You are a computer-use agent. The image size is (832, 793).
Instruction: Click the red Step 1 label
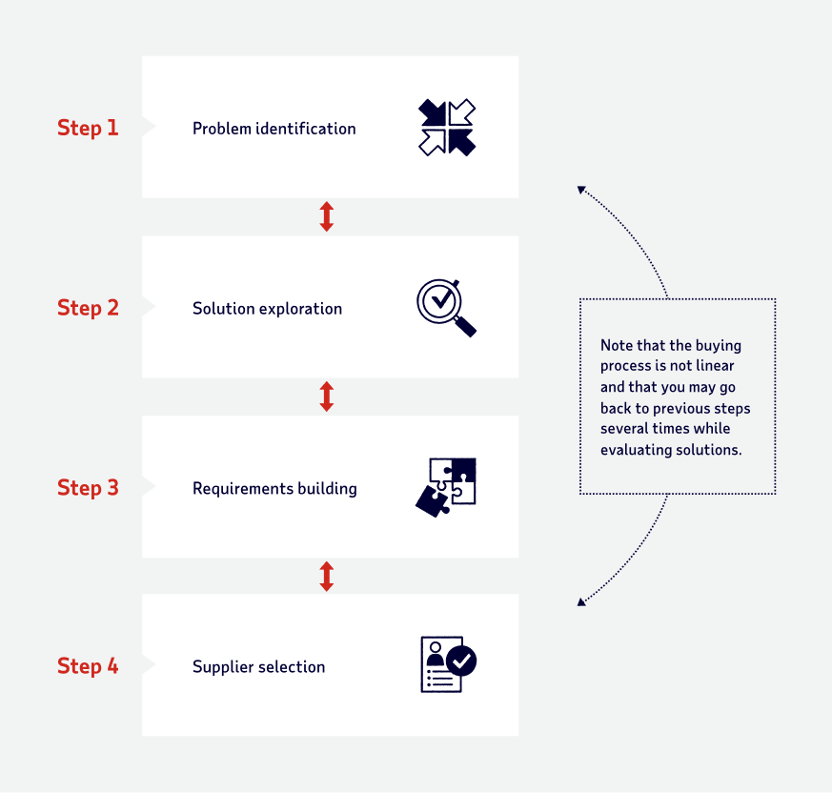click(x=88, y=128)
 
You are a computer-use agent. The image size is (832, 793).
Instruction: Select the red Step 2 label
click(x=88, y=308)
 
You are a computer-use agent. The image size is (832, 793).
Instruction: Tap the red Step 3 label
click(x=88, y=488)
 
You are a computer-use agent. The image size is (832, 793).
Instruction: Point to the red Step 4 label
click(x=88, y=666)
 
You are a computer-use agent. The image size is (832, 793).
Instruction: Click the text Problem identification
click(x=274, y=129)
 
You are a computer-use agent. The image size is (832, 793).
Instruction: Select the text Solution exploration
click(x=267, y=309)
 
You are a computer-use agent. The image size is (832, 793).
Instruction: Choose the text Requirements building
click(x=274, y=489)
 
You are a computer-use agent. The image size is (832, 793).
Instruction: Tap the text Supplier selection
click(x=258, y=667)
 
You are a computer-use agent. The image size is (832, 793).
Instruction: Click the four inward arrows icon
click(x=447, y=128)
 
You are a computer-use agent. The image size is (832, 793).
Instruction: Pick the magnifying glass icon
click(x=446, y=307)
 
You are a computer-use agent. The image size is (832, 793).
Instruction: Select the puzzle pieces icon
click(x=447, y=487)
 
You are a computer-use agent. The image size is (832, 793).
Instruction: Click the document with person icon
click(x=447, y=664)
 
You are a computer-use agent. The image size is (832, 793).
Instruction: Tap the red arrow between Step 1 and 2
click(x=327, y=217)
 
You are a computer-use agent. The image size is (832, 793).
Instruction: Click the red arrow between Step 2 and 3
click(x=327, y=396)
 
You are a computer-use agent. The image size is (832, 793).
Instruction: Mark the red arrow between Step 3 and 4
click(x=327, y=576)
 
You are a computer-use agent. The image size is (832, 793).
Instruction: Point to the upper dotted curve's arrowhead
click(x=581, y=190)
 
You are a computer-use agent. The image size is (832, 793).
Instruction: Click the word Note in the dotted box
click(x=618, y=345)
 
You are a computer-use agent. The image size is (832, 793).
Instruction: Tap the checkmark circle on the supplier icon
click(x=462, y=660)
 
